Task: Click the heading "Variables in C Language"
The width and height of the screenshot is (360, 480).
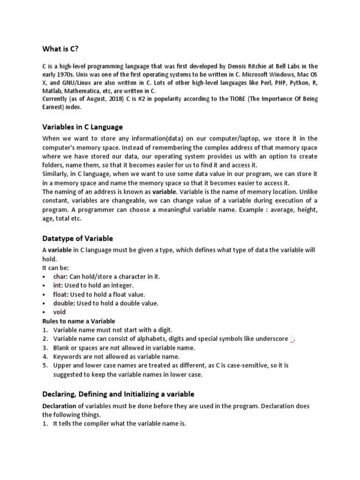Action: tap(82, 127)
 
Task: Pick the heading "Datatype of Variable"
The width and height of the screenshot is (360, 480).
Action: tap(78, 238)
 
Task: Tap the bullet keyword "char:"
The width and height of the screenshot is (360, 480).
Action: tap(60, 277)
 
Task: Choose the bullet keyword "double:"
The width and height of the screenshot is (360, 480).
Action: tap(64, 303)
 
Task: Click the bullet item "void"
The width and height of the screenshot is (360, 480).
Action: tap(60, 312)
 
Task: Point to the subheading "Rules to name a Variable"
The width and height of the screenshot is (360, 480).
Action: tap(79, 321)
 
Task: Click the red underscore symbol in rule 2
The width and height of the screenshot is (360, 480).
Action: tap(292, 339)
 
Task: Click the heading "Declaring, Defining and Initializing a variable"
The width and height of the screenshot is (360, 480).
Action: tap(118, 394)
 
